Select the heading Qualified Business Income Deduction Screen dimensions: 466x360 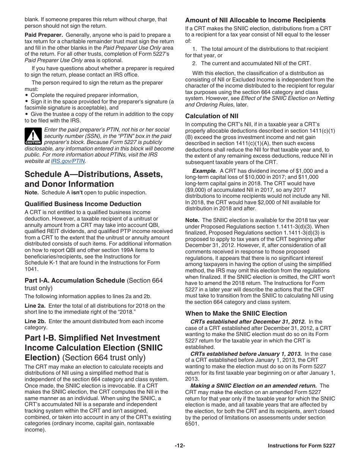(83, 204)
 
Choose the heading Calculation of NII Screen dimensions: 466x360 (211, 116)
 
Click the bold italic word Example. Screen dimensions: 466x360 (204, 171)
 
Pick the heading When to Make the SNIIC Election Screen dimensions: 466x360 (236, 313)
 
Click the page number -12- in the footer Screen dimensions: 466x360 (180, 446)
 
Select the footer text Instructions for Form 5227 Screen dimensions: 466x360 (301, 446)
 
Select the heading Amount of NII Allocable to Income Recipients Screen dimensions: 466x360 (255, 20)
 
